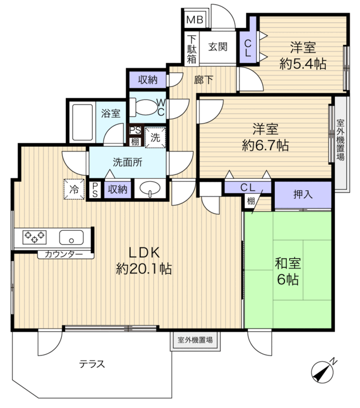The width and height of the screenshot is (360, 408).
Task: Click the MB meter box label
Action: pyautogui.click(x=195, y=19)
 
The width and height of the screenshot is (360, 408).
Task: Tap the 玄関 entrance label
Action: pyautogui.click(x=218, y=47)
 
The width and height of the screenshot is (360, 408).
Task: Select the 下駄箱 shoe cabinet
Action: pyautogui.click(x=191, y=49)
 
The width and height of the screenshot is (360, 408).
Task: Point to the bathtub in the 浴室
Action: pyautogui.click(x=82, y=122)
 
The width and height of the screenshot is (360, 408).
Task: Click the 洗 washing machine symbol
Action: pyautogui.click(x=155, y=137)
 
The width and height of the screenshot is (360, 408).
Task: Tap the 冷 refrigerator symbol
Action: pyautogui.click(x=74, y=189)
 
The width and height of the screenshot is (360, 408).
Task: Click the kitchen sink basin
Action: pyautogui.click(x=71, y=237)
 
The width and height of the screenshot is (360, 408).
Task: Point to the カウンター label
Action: pyautogui.click(x=64, y=254)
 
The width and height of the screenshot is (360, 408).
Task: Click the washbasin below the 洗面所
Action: pyautogui.click(x=150, y=188)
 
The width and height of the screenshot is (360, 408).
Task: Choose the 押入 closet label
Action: pyautogui.click(x=303, y=194)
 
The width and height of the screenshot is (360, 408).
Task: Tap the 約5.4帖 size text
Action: pyautogui.click(x=303, y=63)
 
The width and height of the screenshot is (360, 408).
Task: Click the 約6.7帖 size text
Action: pyautogui.click(x=265, y=145)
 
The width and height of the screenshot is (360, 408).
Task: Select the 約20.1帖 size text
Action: pyautogui.click(x=144, y=269)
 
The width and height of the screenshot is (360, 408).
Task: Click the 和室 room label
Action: pyautogui.click(x=288, y=263)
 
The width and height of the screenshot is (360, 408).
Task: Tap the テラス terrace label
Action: pyautogui.click(x=92, y=364)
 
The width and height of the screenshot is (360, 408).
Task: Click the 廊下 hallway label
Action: pyautogui.click(x=203, y=80)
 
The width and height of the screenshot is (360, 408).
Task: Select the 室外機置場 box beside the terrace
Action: pyautogui.click(x=195, y=340)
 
